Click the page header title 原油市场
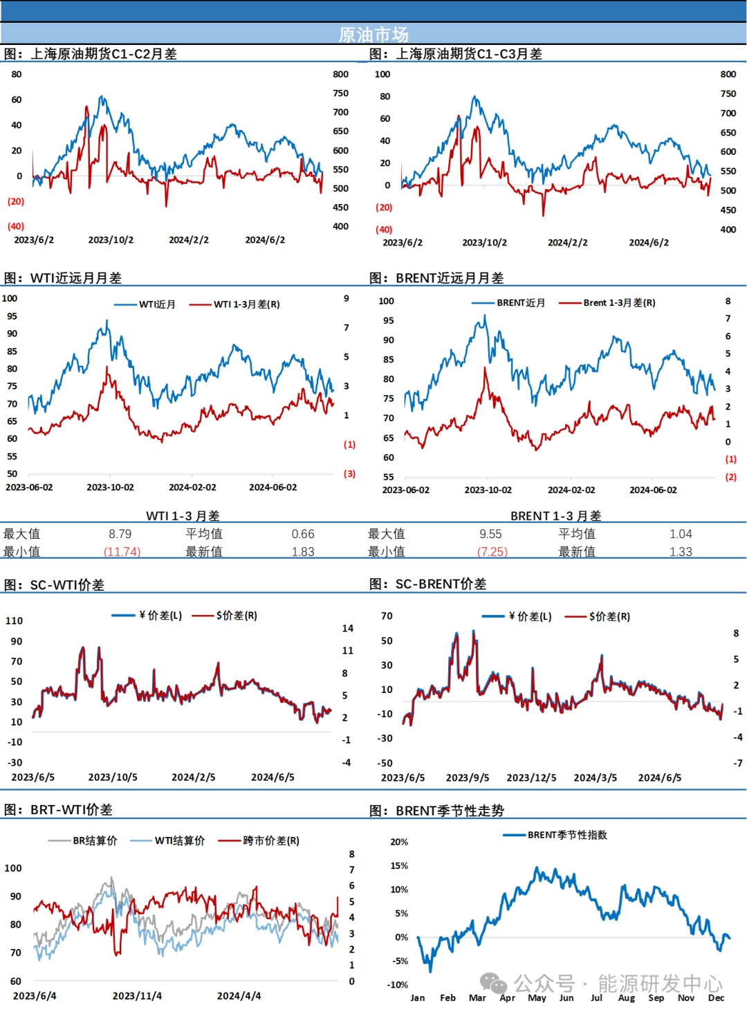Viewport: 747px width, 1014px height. (x=373, y=34)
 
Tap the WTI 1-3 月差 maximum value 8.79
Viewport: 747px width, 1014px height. (x=120, y=534)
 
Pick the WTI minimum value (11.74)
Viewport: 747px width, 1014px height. (x=122, y=552)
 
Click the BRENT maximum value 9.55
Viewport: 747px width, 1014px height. (x=490, y=534)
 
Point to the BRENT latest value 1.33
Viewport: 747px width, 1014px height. (x=681, y=552)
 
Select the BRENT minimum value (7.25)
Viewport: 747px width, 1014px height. (x=492, y=552)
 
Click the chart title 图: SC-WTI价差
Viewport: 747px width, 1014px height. (x=54, y=585)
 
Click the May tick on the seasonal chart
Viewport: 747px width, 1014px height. (x=537, y=998)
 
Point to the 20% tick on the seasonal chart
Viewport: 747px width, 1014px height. (x=399, y=842)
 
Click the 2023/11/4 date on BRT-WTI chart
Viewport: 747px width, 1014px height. (x=137, y=996)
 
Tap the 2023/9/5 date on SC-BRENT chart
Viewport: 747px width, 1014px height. (x=468, y=777)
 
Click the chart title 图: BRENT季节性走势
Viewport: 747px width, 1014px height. (x=436, y=811)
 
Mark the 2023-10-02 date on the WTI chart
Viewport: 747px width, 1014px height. (x=110, y=488)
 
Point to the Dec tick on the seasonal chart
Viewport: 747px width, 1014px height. (x=716, y=998)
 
